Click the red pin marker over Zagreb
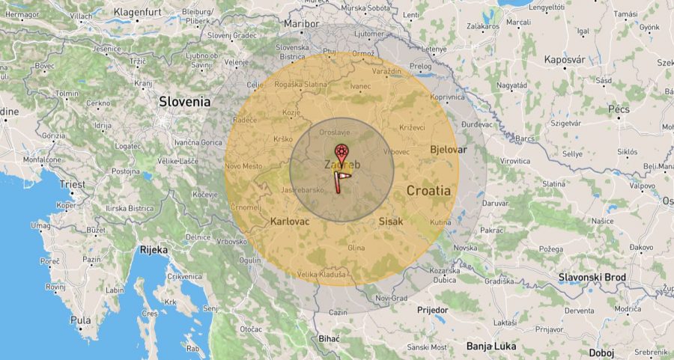point(341,152)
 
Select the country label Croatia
point(428,190)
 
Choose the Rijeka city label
point(154,250)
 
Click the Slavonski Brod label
point(592,278)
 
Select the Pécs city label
point(619,109)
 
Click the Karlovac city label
point(289,222)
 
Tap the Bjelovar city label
point(448,150)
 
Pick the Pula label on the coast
point(80,320)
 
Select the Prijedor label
point(431,309)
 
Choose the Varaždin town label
point(386,72)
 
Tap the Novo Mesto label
point(243,165)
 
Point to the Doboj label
point(601,353)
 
